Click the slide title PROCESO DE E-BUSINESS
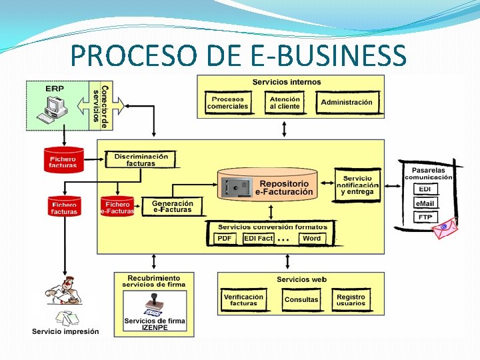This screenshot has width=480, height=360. point(239,55)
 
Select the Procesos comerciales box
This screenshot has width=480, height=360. point(227,103)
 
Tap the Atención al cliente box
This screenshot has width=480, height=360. point(285,103)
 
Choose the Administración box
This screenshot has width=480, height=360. point(347,103)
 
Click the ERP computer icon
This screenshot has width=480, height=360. point(53,108)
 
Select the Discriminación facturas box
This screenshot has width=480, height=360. point(141,160)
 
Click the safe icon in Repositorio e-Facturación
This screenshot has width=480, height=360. point(237,187)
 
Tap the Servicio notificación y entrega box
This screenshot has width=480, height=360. point(357,185)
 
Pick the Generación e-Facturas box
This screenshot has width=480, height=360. point(173,207)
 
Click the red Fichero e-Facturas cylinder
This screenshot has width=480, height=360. point(117,207)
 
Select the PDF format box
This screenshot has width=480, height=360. point(225,239)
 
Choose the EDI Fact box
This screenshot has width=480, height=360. point(259,239)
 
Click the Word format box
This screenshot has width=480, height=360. point(311,239)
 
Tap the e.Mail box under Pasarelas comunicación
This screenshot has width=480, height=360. point(425,203)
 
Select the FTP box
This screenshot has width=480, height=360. point(425,217)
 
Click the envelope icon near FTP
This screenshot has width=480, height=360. point(443,229)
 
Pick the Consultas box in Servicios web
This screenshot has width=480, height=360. point(301,300)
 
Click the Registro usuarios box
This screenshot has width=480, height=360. point(351,300)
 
